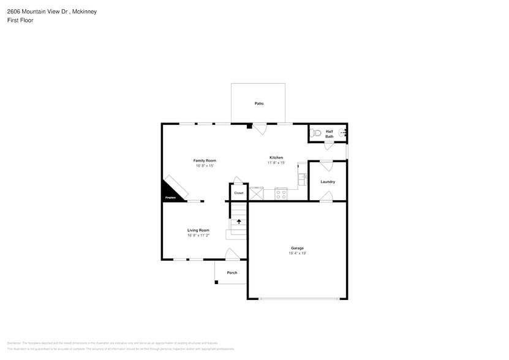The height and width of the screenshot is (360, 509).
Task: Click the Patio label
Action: [259, 103]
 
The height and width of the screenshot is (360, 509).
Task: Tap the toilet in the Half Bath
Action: [317, 132]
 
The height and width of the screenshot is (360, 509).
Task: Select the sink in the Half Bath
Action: [344, 132]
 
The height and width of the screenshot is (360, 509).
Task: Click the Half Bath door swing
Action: [329, 146]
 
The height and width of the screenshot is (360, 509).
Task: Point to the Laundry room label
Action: [328, 182]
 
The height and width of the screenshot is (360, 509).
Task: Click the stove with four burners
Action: [281, 194]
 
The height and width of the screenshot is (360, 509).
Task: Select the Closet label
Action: [239, 193]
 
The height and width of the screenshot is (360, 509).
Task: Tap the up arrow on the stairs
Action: [239, 222]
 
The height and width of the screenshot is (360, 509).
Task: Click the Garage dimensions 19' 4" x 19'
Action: [297, 253]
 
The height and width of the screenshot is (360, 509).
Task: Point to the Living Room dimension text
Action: [198, 235]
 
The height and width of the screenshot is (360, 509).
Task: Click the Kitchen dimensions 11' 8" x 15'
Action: [276, 163]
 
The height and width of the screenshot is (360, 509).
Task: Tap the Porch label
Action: [232, 272]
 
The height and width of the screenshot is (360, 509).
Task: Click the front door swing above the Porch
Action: [232, 254]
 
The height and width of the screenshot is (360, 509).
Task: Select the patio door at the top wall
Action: [260, 129]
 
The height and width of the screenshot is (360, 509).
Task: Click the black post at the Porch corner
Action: [216, 282]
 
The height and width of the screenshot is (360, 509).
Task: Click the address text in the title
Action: [52, 12]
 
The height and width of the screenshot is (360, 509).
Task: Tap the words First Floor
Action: [20, 20]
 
